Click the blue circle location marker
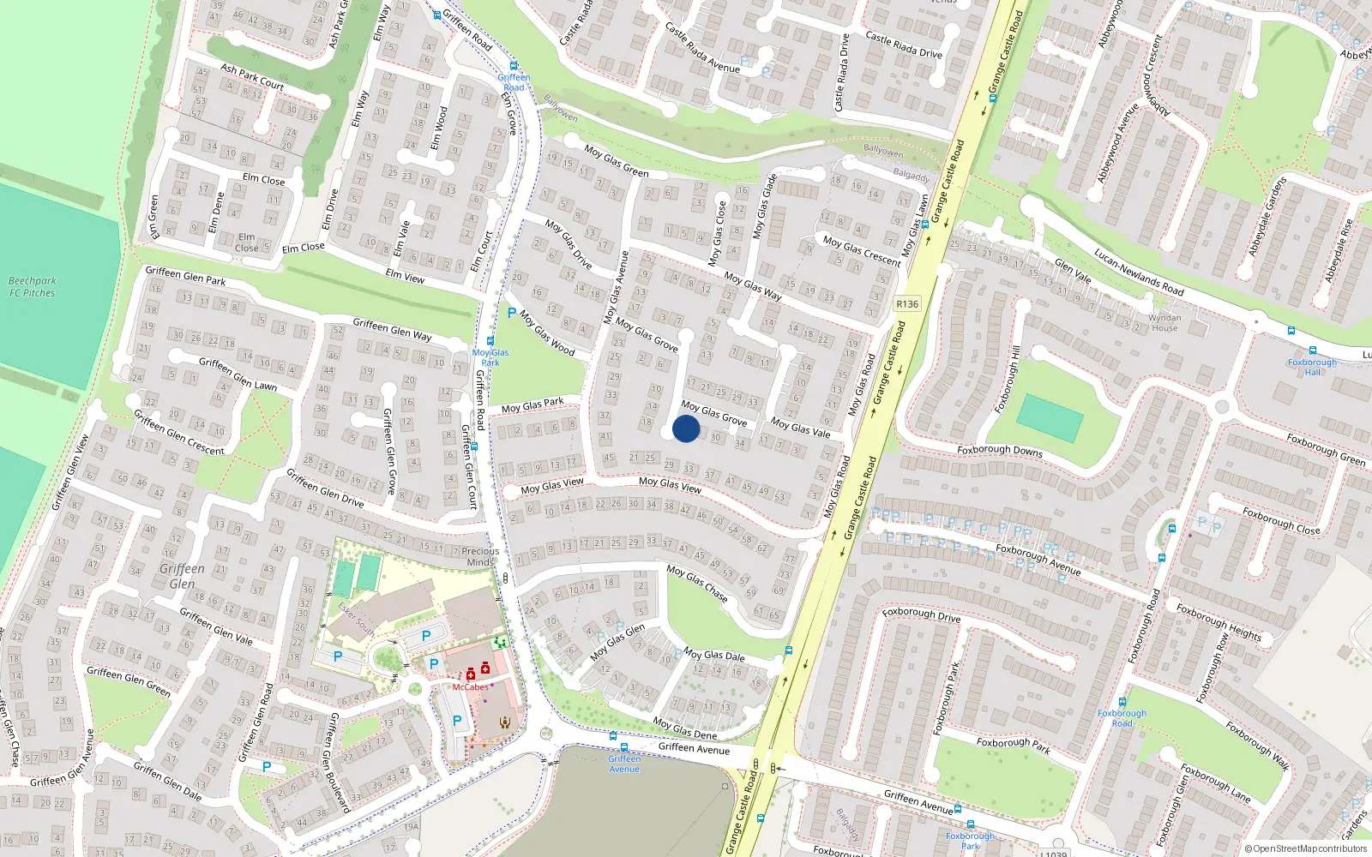tap(686, 428)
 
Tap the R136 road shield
tap(906, 304)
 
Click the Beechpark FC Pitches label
tap(33, 287)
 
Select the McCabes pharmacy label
tap(471, 687)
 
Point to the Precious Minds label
tap(480, 557)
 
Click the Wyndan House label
tap(1164, 323)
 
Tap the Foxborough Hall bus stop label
tap(1312, 367)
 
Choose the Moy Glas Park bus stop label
tap(490, 357)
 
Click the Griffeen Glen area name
tap(182, 576)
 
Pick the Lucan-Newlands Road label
tap(1139, 272)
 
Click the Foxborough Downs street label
tap(1000, 450)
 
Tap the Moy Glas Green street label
tap(617, 160)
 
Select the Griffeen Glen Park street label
tap(185, 275)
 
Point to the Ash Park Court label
tap(252, 76)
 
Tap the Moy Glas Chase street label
tap(697, 583)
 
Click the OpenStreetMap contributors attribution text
tap(1306, 849)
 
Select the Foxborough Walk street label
tap(1257, 746)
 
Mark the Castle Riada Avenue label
tap(702, 48)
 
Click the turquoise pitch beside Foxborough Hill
tap(1050, 418)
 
